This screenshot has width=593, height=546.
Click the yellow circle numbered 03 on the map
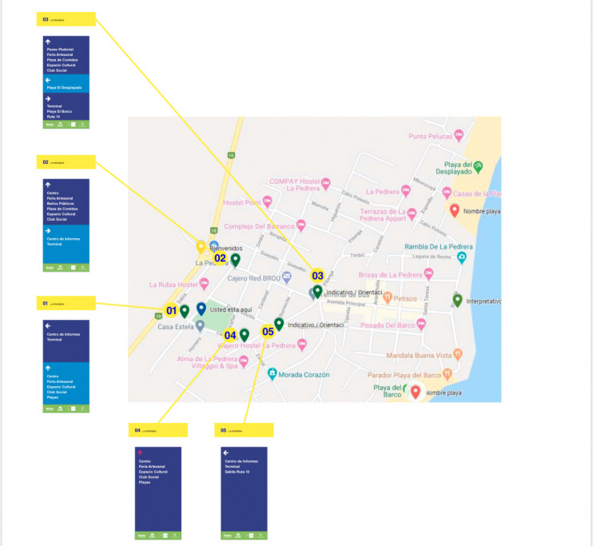tap(317, 276)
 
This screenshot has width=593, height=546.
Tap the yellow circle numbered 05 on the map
tap(268, 332)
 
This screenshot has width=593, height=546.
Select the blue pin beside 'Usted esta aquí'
tap(201, 309)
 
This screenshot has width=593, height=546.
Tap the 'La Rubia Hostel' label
tap(173, 284)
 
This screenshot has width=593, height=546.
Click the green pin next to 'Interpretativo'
tap(457, 300)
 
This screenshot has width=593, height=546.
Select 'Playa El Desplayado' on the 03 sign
tap(64, 86)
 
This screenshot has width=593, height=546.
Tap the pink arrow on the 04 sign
tap(140, 452)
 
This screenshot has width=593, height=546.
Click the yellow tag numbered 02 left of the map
tap(66, 161)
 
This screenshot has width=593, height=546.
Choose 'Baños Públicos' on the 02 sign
tap(58, 204)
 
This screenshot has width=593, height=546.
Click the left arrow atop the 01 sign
tap(48, 325)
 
